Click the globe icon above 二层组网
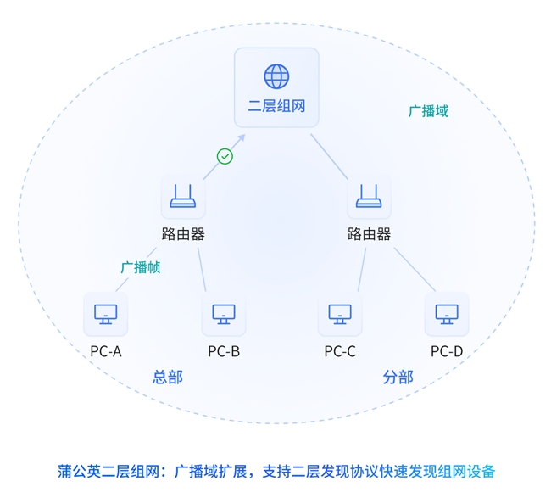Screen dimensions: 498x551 (x=276, y=76)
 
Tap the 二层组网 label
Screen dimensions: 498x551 (x=276, y=107)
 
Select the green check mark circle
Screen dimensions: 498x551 (x=225, y=156)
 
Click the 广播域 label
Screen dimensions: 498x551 (x=428, y=111)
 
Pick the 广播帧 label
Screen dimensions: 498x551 (x=140, y=267)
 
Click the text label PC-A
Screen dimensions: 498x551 (x=106, y=351)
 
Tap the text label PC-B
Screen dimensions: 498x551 (x=224, y=351)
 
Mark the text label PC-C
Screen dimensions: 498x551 (x=340, y=351)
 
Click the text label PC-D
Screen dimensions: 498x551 (x=447, y=351)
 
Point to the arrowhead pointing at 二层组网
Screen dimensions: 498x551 (x=241, y=137)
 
